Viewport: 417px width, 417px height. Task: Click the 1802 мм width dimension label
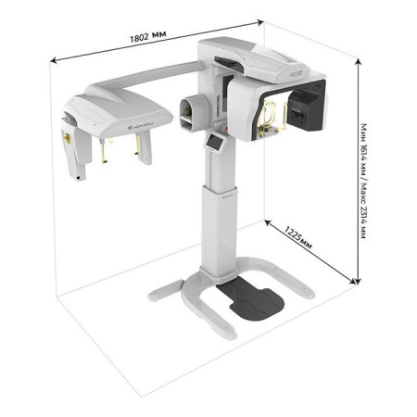pos(147,37)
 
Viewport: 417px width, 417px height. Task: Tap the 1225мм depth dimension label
pos(298,237)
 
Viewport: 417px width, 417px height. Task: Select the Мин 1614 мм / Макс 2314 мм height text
pos(364,181)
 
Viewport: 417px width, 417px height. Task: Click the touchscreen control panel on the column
pos(215,143)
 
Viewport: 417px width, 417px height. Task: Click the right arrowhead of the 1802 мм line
pos(261,21)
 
